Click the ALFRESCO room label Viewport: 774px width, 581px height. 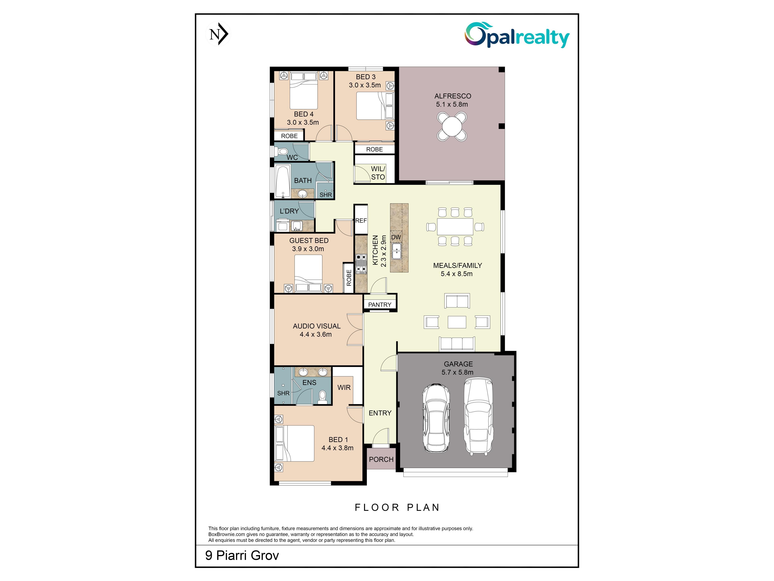[453, 96]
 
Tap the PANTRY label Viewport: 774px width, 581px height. [380, 305]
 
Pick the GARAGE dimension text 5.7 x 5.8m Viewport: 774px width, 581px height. [457, 372]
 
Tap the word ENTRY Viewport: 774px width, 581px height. [380, 413]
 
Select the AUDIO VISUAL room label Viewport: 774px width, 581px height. [317, 326]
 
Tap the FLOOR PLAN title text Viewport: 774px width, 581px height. [397, 507]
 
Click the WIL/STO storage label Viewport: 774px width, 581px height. [378, 173]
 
